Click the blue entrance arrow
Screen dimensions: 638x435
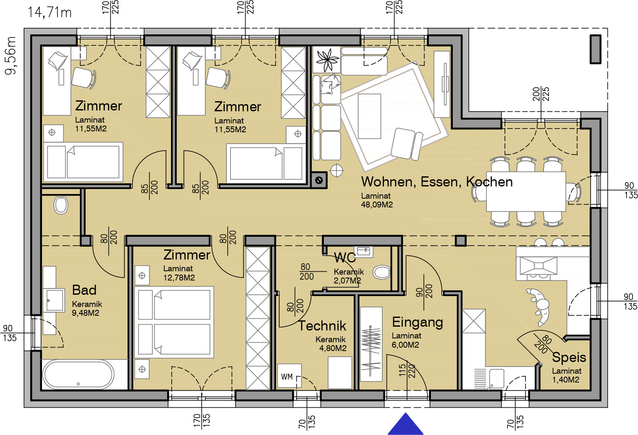406,424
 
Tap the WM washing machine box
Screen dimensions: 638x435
289,376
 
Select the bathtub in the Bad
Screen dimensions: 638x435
78,375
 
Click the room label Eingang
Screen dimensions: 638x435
417,322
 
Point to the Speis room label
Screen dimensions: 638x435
569,358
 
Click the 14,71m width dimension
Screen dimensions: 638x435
50,13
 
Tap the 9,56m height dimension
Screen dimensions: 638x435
11,56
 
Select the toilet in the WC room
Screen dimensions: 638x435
381,273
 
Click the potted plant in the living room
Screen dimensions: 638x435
327,60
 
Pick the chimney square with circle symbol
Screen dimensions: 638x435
319,180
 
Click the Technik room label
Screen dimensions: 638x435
322,326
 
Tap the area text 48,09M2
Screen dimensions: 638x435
377,204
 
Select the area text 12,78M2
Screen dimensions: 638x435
179,278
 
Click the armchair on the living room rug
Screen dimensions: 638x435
407,144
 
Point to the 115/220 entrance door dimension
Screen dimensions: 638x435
407,370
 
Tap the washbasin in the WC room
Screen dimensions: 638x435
363,252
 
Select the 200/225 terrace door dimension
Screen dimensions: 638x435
541,94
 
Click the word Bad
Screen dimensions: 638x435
84,290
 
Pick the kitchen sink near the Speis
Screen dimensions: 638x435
497,379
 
